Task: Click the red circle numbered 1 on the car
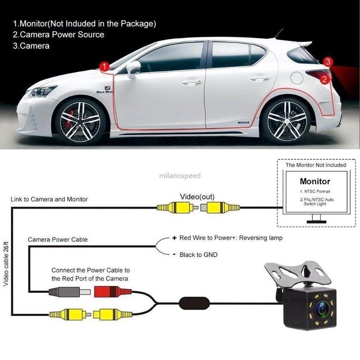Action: tap(105, 66)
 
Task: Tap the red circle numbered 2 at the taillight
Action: tap(324, 79)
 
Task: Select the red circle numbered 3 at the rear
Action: tap(328, 61)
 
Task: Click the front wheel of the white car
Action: tap(80, 121)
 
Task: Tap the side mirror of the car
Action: tap(133, 69)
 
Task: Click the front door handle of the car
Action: tap(192, 81)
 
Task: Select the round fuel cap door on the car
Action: tap(297, 77)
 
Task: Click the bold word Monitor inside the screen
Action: tap(315, 181)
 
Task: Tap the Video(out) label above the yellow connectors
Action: tap(197, 196)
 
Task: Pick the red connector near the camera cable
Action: tap(113, 292)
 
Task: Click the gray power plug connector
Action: tap(69, 292)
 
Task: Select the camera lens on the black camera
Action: tap(322, 309)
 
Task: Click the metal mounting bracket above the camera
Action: tap(298, 274)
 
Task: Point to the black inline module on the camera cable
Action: tap(194, 303)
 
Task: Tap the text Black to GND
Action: tap(198, 254)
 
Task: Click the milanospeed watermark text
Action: tap(180, 176)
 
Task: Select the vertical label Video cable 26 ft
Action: tap(6, 264)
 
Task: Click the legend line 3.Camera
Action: tap(31, 46)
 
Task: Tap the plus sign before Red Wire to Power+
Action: tap(175, 238)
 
